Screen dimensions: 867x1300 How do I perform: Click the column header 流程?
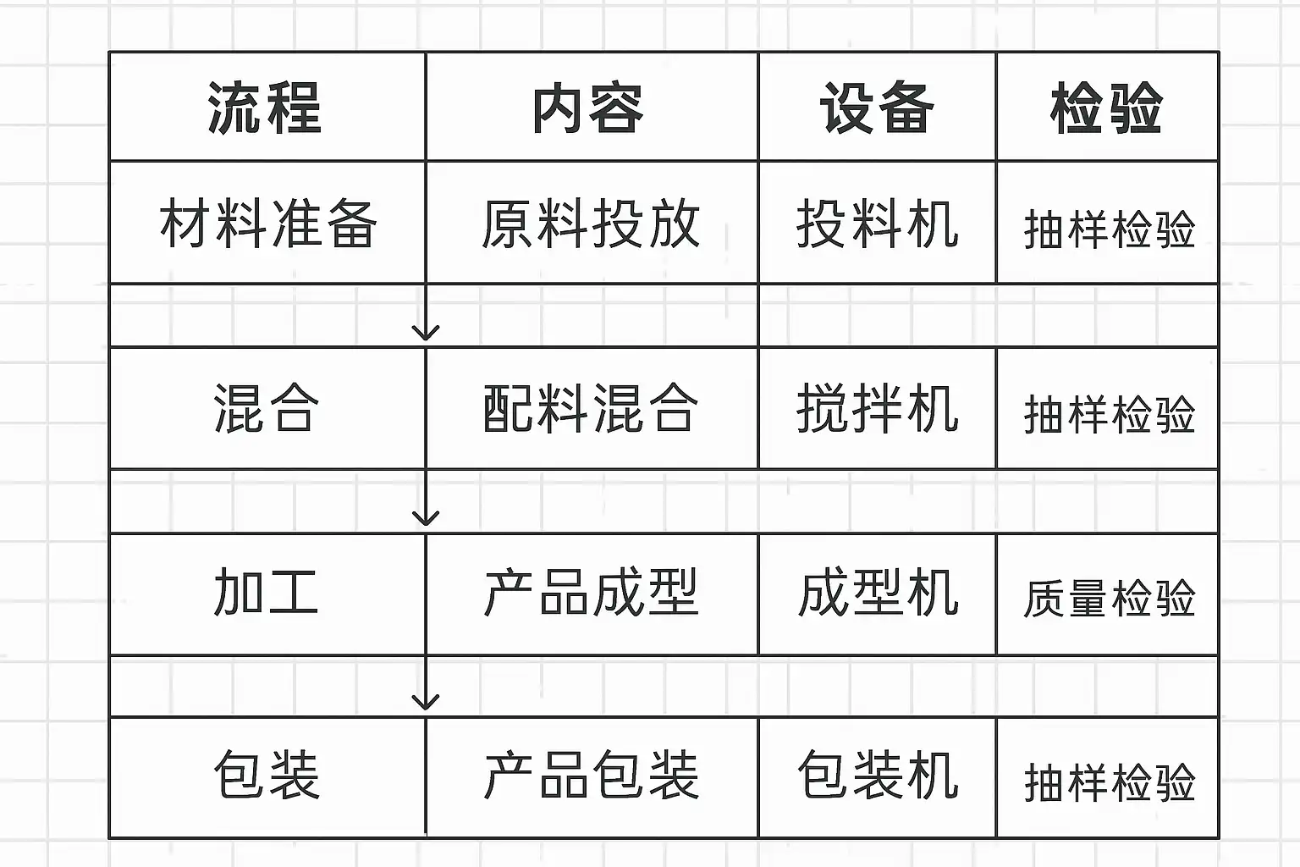tap(266, 108)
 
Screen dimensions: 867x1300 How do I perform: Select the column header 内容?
tap(589, 108)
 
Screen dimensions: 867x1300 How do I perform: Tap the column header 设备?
tap(877, 108)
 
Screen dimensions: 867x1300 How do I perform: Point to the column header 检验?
tap(1106, 108)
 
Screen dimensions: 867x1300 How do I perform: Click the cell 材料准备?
tap(267, 224)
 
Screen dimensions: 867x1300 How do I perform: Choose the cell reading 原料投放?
tap(591, 224)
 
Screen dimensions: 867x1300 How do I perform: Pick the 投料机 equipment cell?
tap(877, 224)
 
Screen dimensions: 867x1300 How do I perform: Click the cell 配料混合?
tap(591, 408)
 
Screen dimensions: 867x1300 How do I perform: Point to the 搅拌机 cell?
tap(877, 408)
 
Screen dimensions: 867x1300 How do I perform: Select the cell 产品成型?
tap(591, 593)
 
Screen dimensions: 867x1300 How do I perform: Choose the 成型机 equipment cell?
tap(877, 593)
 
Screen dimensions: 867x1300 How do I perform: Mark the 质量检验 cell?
tap(1109, 598)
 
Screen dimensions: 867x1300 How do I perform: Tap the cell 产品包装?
tap(591, 776)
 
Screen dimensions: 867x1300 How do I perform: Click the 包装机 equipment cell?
tap(877, 776)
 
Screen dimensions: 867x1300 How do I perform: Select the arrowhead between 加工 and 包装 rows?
tap(426, 702)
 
